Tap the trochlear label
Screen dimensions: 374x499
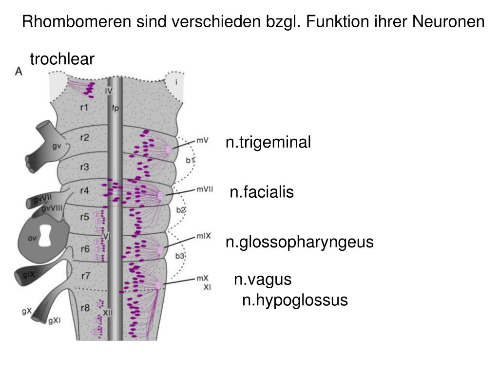pos(62,59)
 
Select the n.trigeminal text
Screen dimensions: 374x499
pos(268,142)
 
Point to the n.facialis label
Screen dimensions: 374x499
pos(262,192)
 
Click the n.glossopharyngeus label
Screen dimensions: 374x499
pos(299,242)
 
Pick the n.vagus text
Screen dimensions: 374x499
pos(263,280)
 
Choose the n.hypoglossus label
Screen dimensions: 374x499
pos(295,300)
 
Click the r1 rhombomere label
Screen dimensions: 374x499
pos(84,107)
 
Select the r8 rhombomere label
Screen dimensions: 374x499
pos(85,308)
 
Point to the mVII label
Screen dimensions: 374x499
pos(205,190)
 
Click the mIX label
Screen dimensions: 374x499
pos(203,236)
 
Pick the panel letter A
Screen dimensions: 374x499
pos(19,71)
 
